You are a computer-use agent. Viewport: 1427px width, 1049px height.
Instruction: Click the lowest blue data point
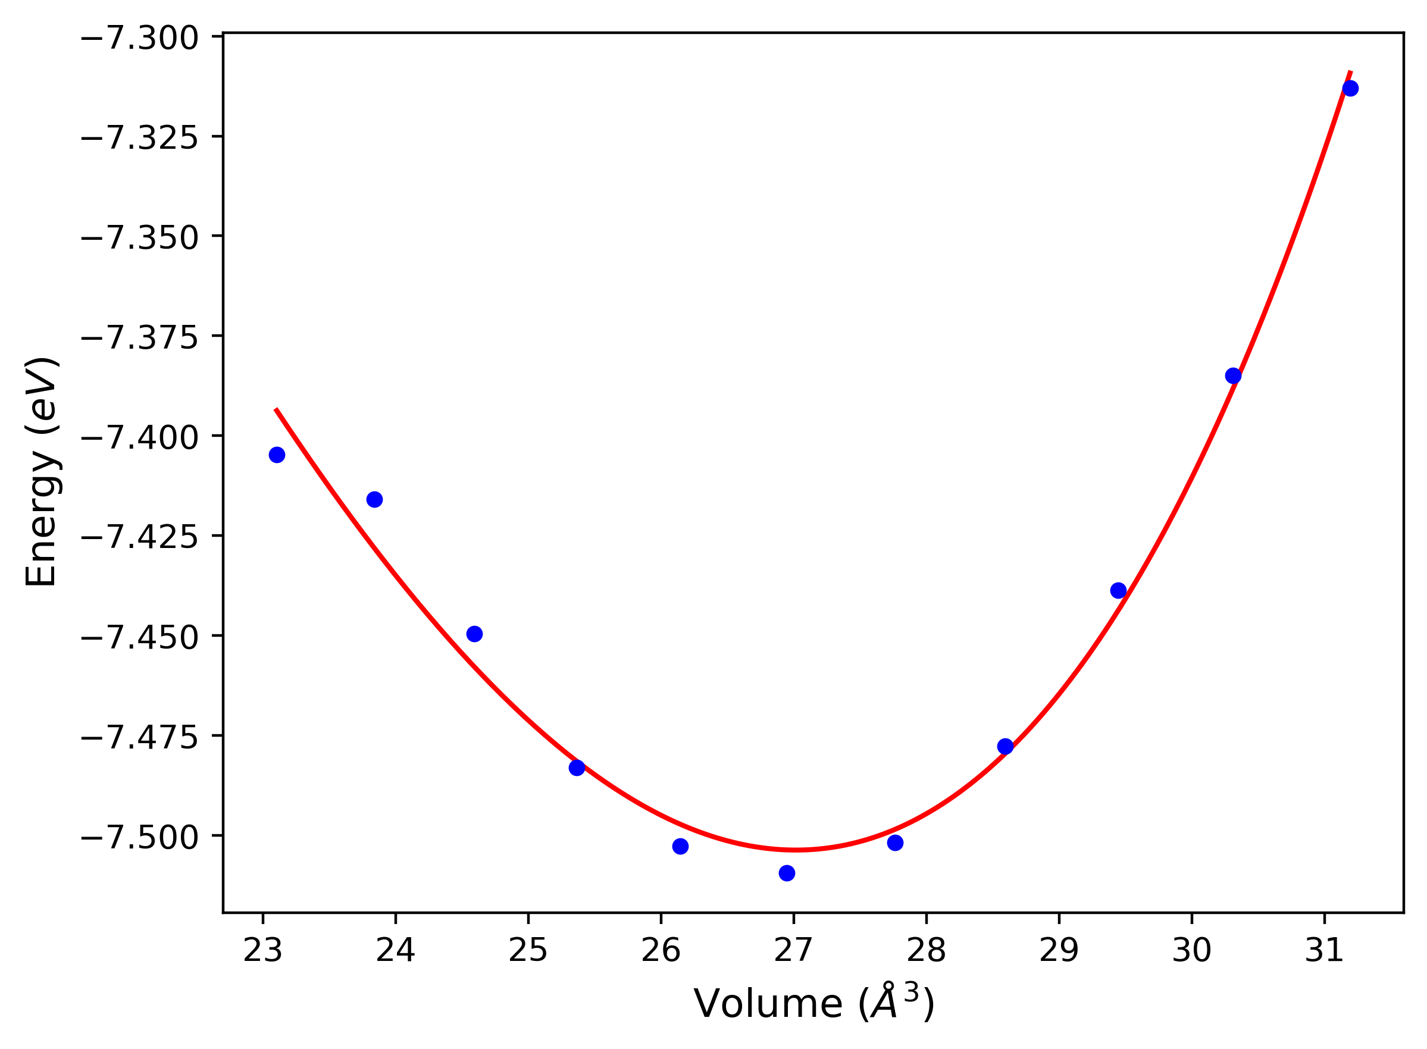pyautogui.click(x=787, y=873)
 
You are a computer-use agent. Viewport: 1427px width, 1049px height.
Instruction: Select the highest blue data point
pyautogui.click(x=1350, y=88)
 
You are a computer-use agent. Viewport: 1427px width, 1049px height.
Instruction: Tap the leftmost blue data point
pyautogui.click(x=277, y=455)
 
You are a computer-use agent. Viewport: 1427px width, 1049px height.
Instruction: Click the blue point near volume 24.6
pyautogui.click(x=474, y=634)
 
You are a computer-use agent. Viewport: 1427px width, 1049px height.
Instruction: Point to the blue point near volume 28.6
pyautogui.click(x=1005, y=746)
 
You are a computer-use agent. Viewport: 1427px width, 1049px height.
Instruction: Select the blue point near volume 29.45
pyautogui.click(x=1118, y=590)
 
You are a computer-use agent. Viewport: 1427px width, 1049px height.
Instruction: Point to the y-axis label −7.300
pyautogui.click(x=140, y=38)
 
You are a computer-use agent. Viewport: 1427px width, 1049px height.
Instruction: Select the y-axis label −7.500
pyautogui.click(x=140, y=838)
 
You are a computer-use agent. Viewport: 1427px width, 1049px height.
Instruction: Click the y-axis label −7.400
pyautogui.click(x=140, y=437)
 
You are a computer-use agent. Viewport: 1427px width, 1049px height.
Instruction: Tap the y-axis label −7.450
pyautogui.click(x=140, y=637)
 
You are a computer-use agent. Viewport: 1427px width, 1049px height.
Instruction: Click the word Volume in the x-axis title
pyautogui.click(x=767, y=1005)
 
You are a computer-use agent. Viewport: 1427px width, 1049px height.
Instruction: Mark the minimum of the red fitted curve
pyautogui.click(x=796, y=849)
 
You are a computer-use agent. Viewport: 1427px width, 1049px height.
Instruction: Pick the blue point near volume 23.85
pyautogui.click(x=375, y=499)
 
